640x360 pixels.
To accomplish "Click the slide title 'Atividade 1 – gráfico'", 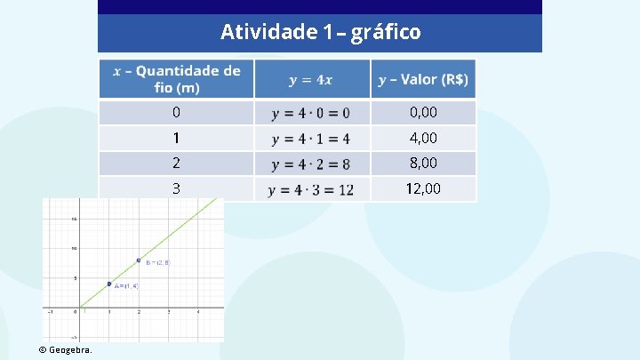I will [320, 33].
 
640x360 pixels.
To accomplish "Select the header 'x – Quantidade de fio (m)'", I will [176, 79].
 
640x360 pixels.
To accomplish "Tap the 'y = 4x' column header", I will [311, 80].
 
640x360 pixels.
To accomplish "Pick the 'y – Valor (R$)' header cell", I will [423, 80].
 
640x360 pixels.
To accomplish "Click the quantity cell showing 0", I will [176, 113].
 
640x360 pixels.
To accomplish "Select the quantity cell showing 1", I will [176, 138].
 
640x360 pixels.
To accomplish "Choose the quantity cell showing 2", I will [176, 164].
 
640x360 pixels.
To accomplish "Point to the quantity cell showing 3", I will [176, 188].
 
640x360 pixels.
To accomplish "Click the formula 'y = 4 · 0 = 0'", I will [310, 113].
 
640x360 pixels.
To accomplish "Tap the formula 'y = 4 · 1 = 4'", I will [310, 139].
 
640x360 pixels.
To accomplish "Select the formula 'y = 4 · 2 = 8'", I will [310, 164].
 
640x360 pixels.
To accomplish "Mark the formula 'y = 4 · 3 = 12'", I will [310, 189].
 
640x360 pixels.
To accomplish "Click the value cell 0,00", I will [423, 113].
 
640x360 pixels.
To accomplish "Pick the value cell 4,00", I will [423, 138].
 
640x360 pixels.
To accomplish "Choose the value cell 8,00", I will [423, 164].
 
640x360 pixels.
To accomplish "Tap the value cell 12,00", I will [423, 188].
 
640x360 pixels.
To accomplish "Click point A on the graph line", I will [108, 284].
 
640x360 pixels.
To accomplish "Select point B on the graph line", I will [139, 260].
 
